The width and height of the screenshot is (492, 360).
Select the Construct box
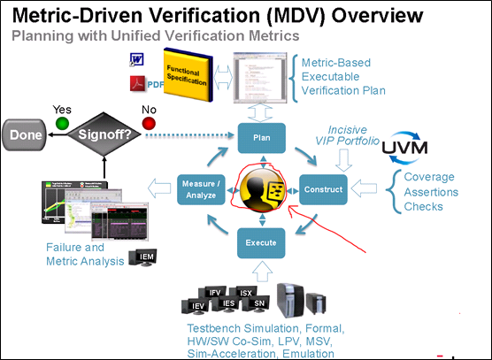click(x=322, y=190)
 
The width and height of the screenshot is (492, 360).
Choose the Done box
click(x=27, y=136)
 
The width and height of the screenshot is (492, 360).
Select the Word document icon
click(x=135, y=59)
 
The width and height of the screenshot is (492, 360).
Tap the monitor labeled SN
click(x=258, y=305)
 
